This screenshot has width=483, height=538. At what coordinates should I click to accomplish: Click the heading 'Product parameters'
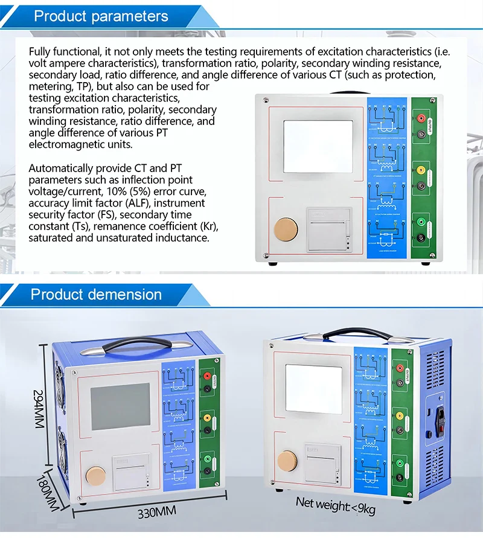coord(101,16)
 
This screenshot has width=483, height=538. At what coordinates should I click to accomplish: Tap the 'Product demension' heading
coord(96,295)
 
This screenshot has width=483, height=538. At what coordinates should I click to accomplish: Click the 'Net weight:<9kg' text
coord(335,505)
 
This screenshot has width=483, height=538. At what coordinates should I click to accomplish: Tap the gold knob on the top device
coord(283,229)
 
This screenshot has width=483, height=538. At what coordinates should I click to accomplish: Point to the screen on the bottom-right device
coord(314,389)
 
